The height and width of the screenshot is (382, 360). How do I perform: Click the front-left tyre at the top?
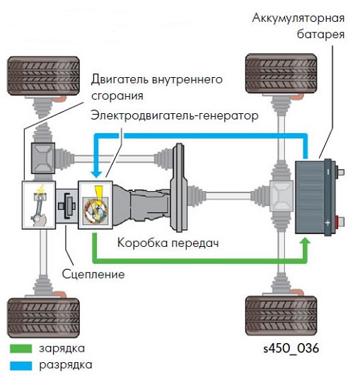[x=43, y=76]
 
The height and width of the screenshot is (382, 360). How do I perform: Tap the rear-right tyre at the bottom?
[x=281, y=316]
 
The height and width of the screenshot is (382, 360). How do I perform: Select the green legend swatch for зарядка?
[x=21, y=349]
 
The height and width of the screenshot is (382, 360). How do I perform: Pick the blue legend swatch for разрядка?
[x=21, y=366]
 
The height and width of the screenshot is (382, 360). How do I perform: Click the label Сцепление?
[x=93, y=274]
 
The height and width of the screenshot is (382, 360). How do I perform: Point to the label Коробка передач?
[x=168, y=243]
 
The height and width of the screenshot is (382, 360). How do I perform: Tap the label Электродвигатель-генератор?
[x=175, y=115]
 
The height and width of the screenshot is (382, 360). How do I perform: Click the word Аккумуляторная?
[x=298, y=18]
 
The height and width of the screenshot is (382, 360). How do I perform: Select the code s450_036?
[x=291, y=348]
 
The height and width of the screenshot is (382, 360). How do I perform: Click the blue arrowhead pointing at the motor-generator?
[x=96, y=174]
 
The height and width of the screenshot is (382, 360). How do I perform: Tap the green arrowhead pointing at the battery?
[x=305, y=241]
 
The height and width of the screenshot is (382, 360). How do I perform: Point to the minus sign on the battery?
[x=328, y=172]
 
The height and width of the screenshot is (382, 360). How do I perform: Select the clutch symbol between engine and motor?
[x=67, y=205]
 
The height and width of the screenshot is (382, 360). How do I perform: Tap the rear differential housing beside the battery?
[x=281, y=196]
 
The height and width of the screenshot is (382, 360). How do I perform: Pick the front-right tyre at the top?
[x=281, y=74]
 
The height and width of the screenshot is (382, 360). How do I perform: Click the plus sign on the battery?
[x=327, y=222]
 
